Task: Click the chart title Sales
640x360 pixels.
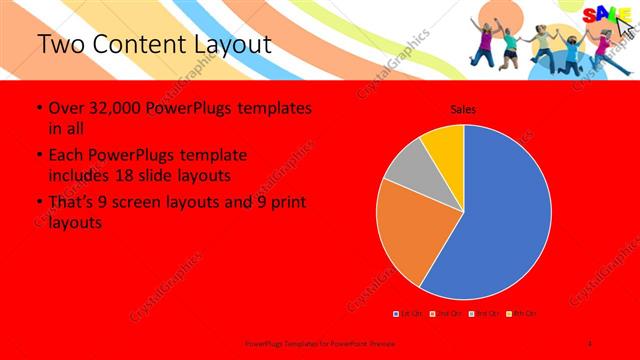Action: pos(463,109)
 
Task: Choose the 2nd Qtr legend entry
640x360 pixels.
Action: pos(446,314)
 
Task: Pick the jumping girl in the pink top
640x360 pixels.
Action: pos(603,45)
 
